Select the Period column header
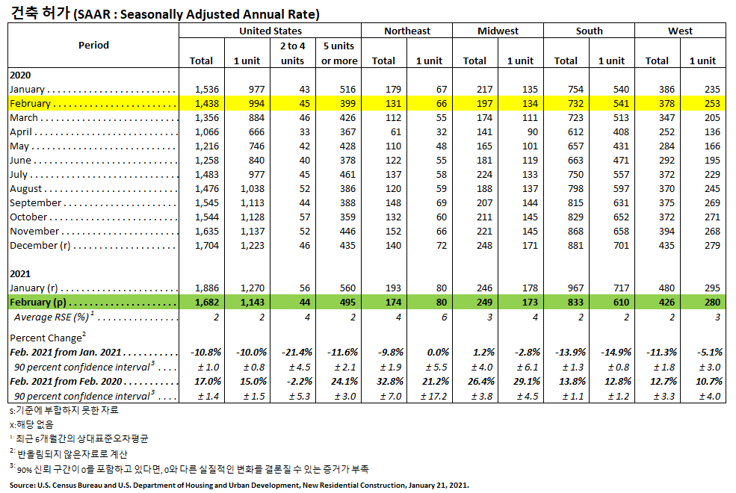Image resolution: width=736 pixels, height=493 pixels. (x=93, y=45)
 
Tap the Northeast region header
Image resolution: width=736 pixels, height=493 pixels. (x=407, y=31)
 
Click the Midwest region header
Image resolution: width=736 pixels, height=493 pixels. (x=498, y=31)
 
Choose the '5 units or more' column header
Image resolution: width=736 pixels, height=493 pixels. (x=339, y=53)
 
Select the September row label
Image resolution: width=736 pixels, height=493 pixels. (x=35, y=203)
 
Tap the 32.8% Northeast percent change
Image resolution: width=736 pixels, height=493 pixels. (x=391, y=381)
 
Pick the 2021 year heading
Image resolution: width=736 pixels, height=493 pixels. (x=20, y=274)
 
